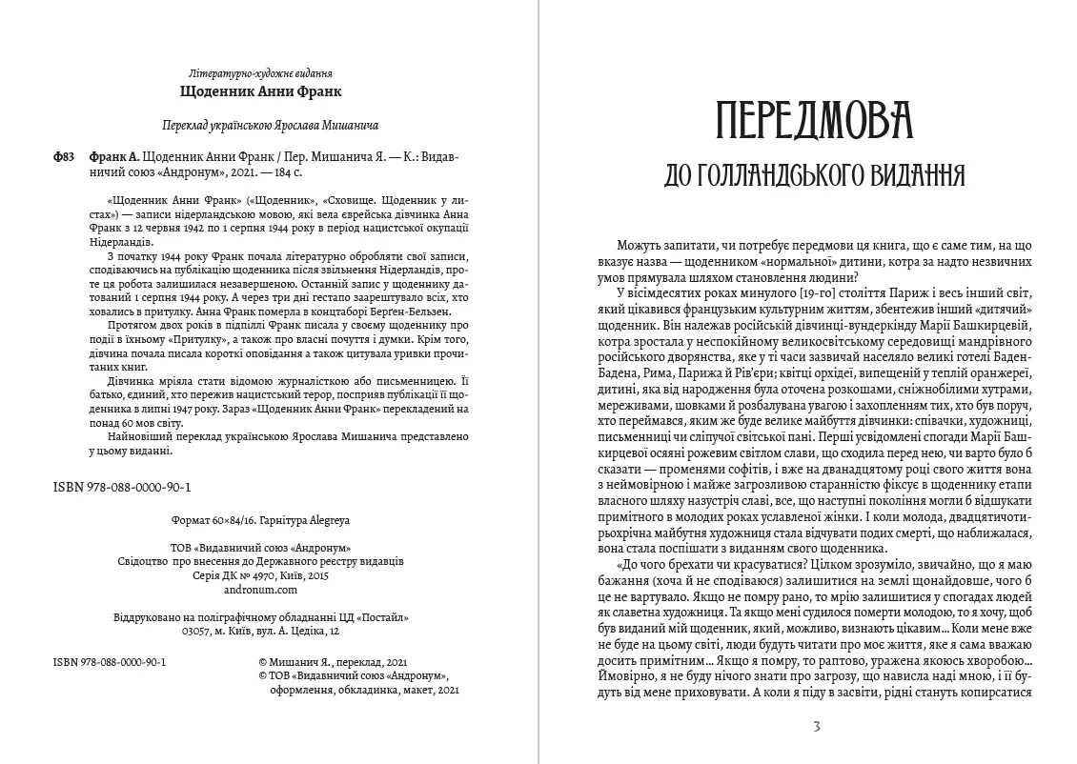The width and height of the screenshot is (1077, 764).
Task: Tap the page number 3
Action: (816, 726)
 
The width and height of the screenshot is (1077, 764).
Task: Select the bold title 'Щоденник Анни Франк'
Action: (260, 92)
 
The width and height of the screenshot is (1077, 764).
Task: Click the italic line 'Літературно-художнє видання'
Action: (260, 73)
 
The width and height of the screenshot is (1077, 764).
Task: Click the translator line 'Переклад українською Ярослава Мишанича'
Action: (260, 126)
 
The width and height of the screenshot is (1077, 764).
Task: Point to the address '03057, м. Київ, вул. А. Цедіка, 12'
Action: (260, 630)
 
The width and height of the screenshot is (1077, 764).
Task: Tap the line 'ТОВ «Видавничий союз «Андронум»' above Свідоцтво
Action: (260, 548)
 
